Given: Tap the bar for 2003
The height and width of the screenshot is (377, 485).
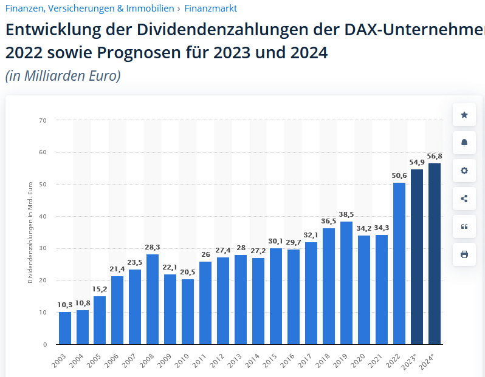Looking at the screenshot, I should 64,328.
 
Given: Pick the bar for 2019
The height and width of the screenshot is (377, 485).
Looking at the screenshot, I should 346,283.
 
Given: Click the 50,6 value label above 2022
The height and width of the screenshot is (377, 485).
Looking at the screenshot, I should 399,176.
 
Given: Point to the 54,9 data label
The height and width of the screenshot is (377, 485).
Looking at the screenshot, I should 417,162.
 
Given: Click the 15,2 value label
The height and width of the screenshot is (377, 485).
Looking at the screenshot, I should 100,289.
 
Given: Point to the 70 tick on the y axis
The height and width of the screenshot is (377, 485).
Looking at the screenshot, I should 43,120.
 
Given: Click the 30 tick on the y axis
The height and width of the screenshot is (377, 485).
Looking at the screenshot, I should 43,248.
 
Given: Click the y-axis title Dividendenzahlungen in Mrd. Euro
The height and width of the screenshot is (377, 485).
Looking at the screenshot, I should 30,233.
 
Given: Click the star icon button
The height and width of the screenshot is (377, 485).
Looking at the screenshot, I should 464,115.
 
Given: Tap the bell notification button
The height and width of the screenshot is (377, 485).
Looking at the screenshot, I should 464,143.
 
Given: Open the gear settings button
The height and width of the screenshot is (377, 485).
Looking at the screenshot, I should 464,171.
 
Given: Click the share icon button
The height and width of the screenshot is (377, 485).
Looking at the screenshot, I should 464,199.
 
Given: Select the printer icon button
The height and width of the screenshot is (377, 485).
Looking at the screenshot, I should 464,254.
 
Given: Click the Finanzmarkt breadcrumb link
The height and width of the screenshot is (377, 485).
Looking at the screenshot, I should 211,8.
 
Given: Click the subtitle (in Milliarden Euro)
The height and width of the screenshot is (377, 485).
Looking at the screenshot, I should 63,76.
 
